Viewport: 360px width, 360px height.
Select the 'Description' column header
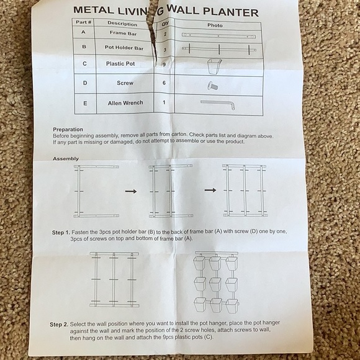click(x=122, y=24)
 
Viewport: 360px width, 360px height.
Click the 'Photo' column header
click(x=215, y=25)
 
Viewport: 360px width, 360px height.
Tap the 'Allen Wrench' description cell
click(x=125, y=103)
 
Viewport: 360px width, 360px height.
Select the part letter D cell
click(x=84, y=83)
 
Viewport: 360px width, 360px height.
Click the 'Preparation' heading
click(x=68, y=128)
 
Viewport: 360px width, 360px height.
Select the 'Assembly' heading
click(x=65, y=159)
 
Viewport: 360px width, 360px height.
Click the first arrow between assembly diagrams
click(x=130, y=192)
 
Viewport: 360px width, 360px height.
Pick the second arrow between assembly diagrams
click(x=210, y=190)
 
